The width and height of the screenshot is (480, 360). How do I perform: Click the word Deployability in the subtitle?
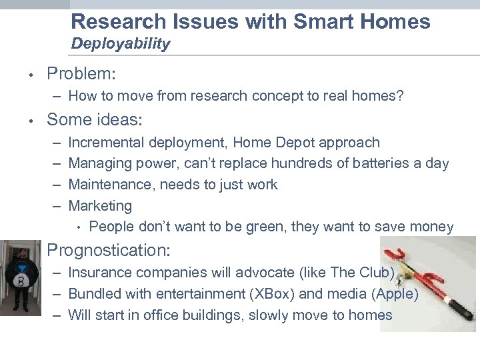point(121,45)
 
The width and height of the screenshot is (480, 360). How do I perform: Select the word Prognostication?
point(109,251)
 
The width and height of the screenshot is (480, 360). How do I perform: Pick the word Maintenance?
point(108,185)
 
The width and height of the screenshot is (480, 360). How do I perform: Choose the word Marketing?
point(100,206)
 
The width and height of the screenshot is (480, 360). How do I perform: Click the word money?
point(432,227)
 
